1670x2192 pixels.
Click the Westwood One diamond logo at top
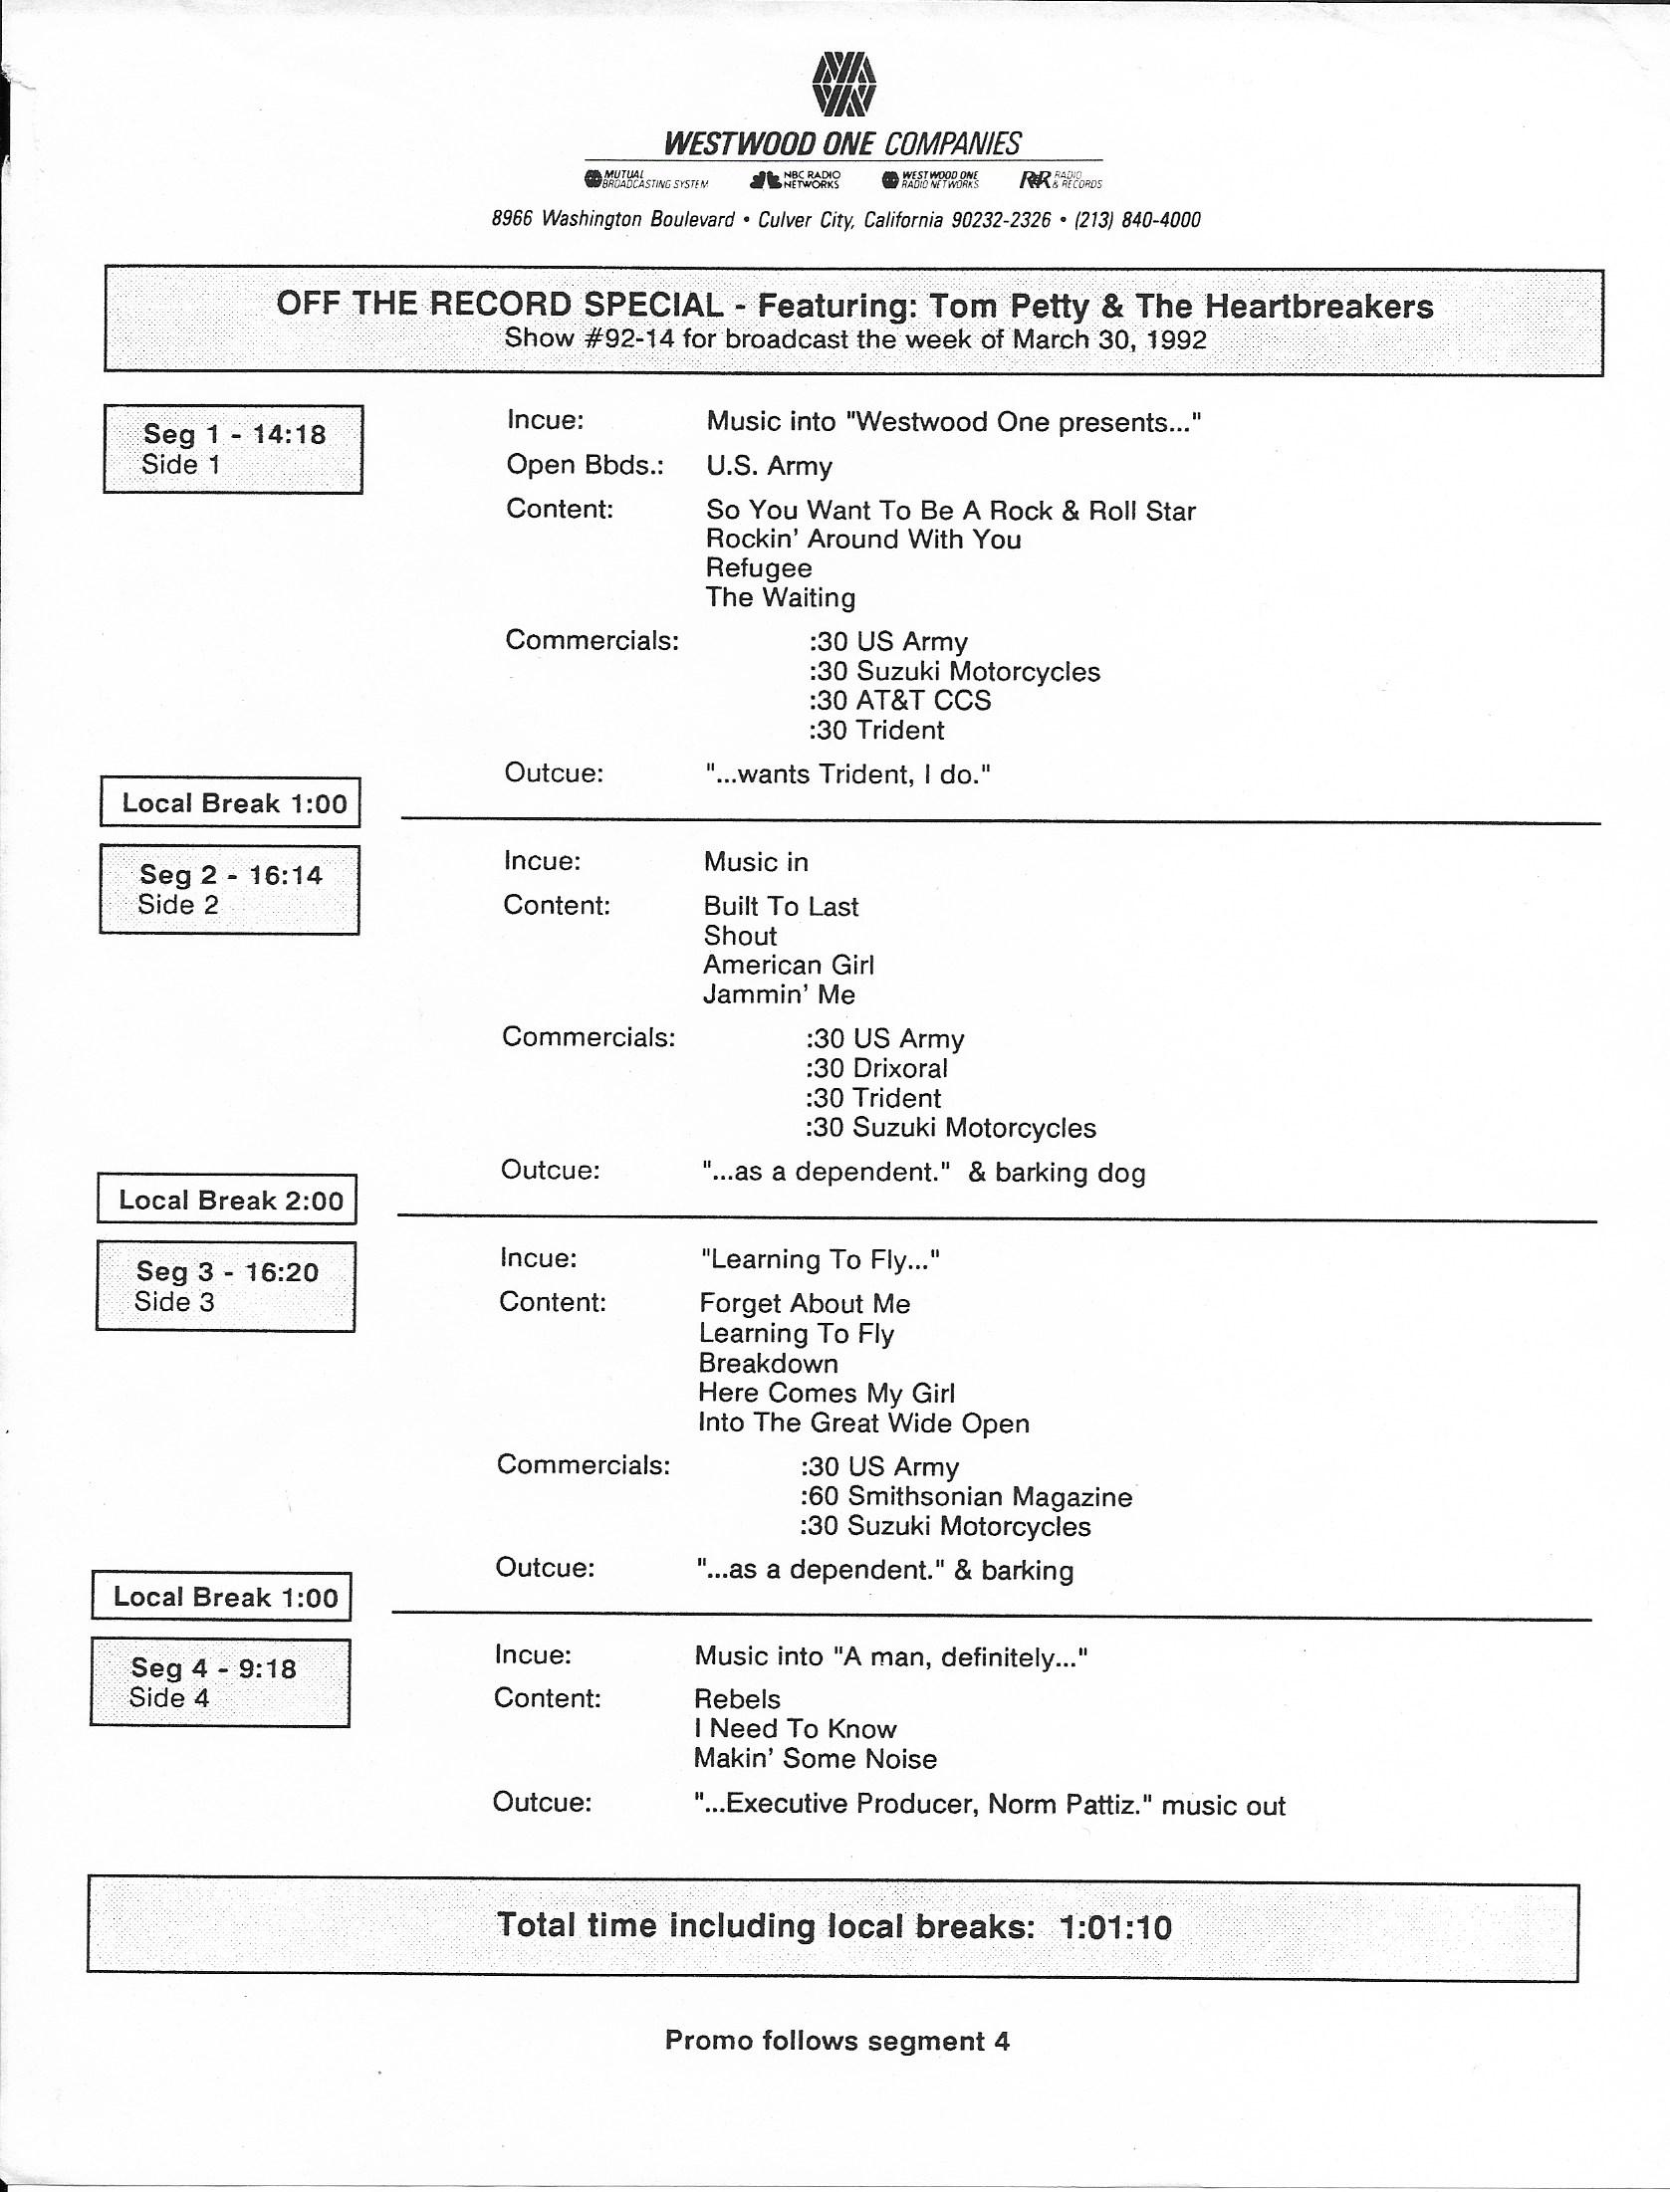(x=843, y=83)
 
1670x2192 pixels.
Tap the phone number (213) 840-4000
(x=1137, y=220)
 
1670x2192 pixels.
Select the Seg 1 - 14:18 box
(x=233, y=449)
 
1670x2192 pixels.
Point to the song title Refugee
(x=759, y=568)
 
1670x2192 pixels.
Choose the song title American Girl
(x=788, y=965)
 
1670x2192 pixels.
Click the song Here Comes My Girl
(x=826, y=1393)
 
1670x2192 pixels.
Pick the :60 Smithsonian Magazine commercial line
(x=965, y=1496)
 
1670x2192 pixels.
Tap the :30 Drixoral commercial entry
(x=876, y=1068)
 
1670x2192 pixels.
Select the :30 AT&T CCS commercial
(x=899, y=701)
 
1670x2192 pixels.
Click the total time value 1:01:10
(x=1115, y=1927)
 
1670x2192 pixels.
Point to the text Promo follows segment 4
(x=836, y=2041)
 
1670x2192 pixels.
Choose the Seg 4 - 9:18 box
(x=220, y=1682)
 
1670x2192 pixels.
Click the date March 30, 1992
(x=1108, y=339)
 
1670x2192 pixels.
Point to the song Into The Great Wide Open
(x=863, y=1423)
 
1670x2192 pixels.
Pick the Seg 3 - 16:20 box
(x=226, y=1286)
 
